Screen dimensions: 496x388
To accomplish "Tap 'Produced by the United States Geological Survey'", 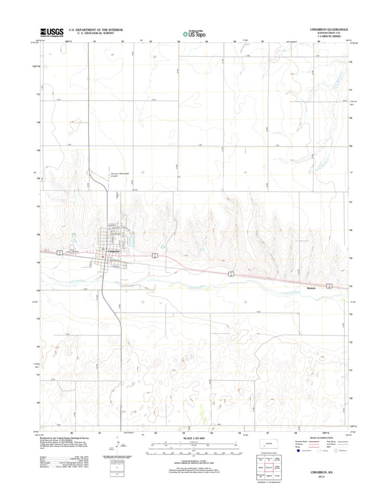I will click(69, 439).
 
